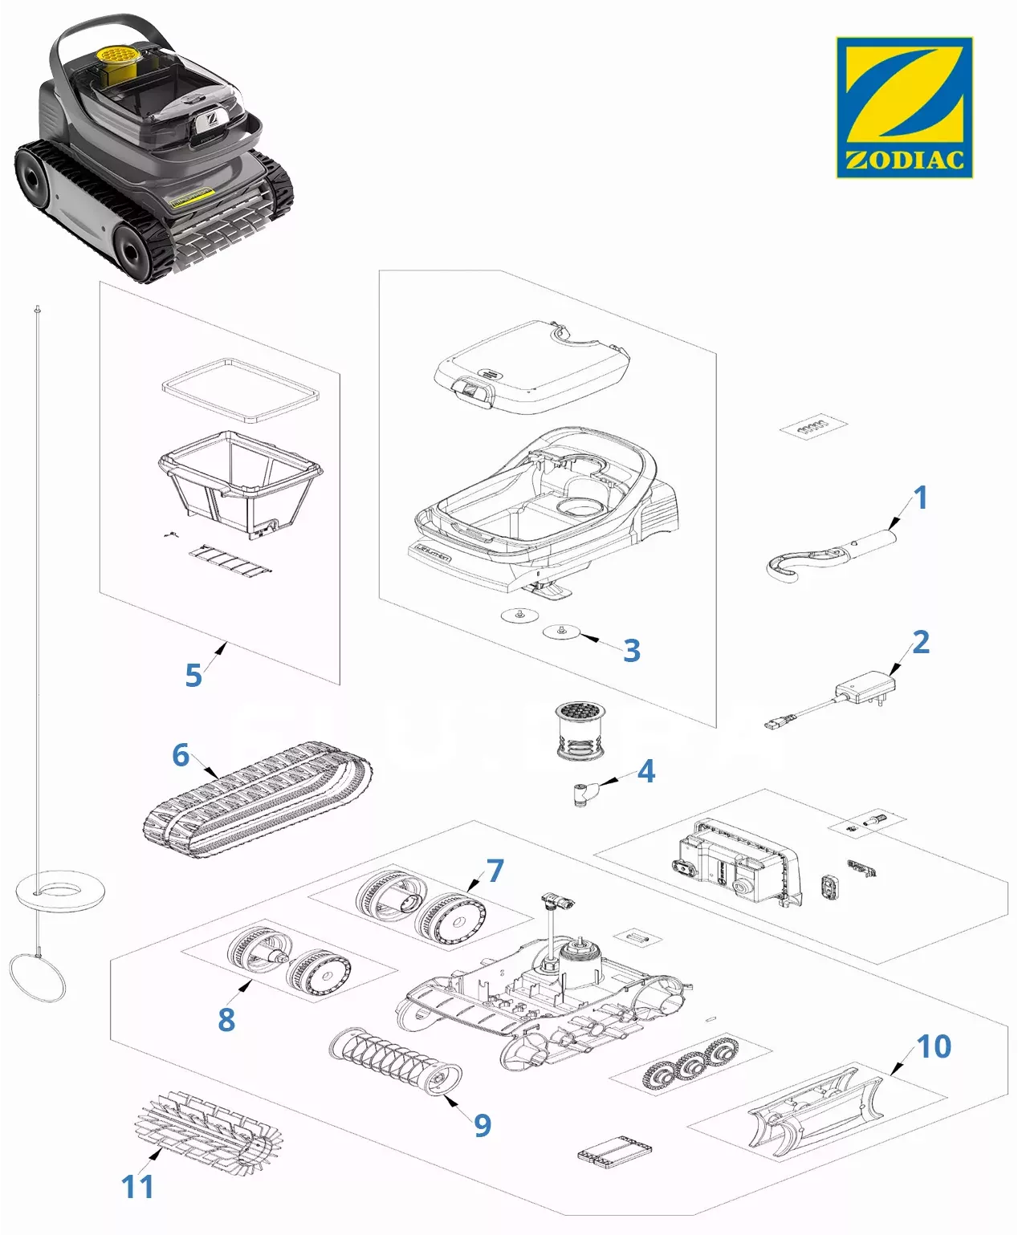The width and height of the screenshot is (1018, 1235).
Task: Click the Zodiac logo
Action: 904,107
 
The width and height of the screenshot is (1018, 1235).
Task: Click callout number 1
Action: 920,498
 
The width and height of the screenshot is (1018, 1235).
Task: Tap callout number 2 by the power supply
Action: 920,642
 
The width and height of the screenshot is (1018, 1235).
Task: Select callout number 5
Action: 193,675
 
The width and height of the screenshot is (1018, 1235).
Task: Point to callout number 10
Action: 933,1046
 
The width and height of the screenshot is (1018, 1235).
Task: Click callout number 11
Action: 137,1186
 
